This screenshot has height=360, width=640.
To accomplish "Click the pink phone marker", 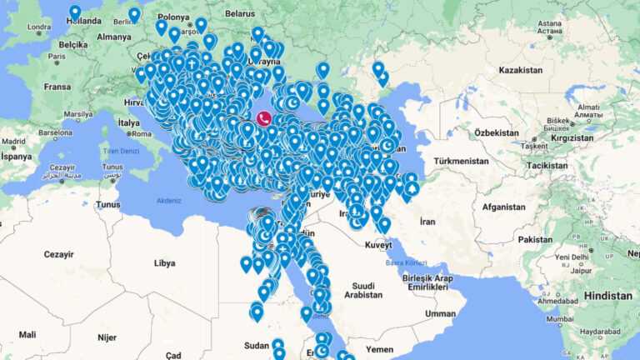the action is (x=263, y=118).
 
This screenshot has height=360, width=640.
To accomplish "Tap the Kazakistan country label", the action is (x=521, y=71).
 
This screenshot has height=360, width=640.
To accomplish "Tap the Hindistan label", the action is (x=607, y=296).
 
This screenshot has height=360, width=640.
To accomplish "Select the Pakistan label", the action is (x=534, y=239).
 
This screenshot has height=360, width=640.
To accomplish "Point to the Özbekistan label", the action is (x=496, y=133).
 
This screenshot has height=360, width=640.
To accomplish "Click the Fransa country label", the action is (x=57, y=86).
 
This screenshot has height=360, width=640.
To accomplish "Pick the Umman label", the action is (x=440, y=313).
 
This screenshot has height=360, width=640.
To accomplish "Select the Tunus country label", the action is (x=108, y=204).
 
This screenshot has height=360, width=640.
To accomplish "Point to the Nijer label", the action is (x=106, y=337).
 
